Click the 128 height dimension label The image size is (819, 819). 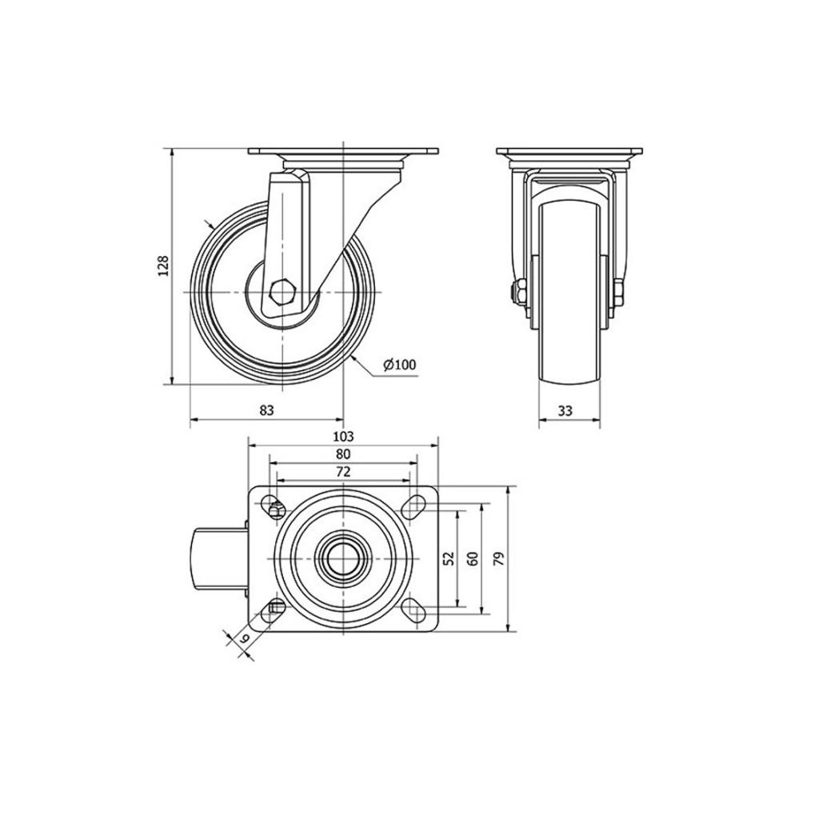click(x=163, y=266)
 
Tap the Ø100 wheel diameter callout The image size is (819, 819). click(x=400, y=365)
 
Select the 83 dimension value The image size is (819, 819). click(x=266, y=410)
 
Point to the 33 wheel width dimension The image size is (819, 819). click(x=565, y=410)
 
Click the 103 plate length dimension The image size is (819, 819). click(x=342, y=436)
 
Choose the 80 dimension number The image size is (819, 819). click(x=343, y=454)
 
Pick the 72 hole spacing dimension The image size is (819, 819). click(x=342, y=472)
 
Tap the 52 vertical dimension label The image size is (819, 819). click(x=449, y=558)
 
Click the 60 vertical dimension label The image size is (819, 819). click(x=473, y=558)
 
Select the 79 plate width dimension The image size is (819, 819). click(x=499, y=559)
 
